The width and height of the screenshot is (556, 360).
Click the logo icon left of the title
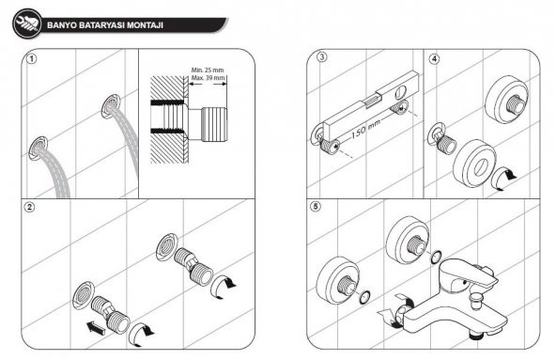pos(27,24)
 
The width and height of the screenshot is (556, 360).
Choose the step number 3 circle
pos(322,58)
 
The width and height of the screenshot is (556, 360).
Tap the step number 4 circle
pos(434,58)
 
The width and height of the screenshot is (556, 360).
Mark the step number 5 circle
pos(322,208)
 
